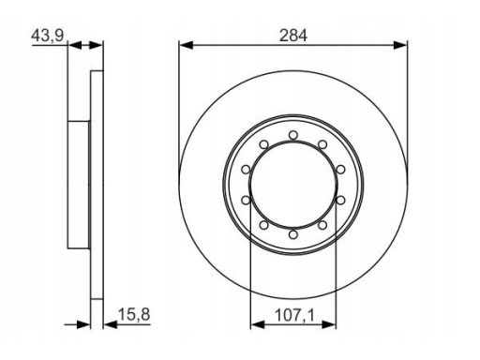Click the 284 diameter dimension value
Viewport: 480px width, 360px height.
[293, 36]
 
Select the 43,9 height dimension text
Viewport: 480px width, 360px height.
[48, 36]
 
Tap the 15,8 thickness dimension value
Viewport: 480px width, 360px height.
[134, 314]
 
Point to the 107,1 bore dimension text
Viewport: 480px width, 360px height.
[294, 315]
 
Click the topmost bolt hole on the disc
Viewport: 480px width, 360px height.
[293, 135]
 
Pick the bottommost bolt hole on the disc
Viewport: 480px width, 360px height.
[293, 234]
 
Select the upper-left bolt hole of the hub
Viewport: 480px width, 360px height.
[264, 144]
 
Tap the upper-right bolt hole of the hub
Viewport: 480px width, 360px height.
[322, 144]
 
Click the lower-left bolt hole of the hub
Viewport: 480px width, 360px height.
[264, 225]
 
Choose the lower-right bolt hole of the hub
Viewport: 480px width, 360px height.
[322, 225]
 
